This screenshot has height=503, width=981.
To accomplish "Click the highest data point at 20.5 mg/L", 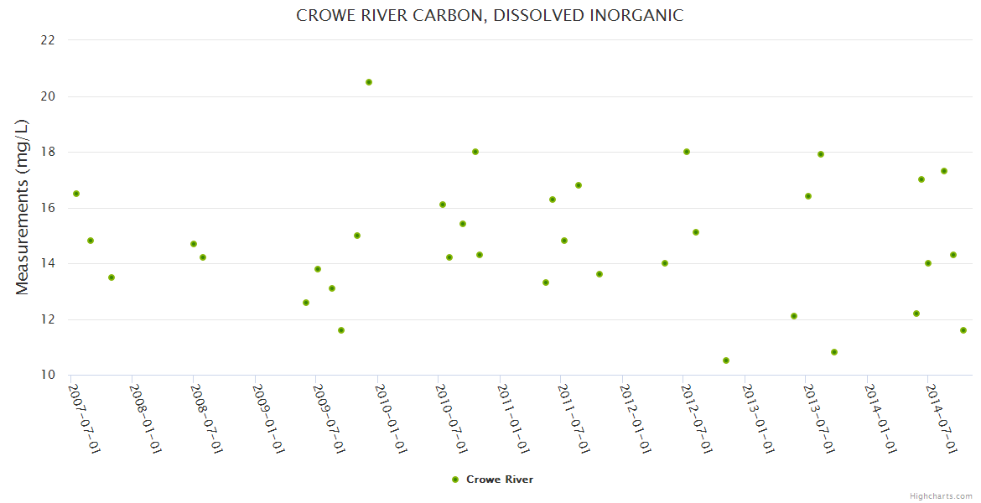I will point(369,82).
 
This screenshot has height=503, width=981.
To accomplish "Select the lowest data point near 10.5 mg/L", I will point(726,360).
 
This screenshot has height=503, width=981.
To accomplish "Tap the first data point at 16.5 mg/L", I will point(76,194).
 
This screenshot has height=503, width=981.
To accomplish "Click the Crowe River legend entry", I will point(492,480).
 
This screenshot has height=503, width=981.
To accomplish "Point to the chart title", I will point(490,16).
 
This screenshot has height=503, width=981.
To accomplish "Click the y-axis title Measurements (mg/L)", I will point(23,207).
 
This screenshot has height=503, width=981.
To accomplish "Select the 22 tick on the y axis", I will point(48,40).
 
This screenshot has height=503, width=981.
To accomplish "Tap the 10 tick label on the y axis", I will point(48,375).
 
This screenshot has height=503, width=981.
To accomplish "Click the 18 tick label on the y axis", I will point(48,152).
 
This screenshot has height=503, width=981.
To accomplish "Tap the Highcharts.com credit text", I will point(941,496).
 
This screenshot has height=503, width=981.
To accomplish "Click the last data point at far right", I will point(963,330).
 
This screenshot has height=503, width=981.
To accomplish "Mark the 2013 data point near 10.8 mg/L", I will point(834,352).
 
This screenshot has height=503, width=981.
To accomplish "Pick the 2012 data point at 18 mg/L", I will point(687,152).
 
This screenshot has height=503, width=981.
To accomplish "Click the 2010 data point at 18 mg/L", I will point(475,152).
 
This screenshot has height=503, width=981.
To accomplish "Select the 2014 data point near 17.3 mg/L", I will point(944,171).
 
